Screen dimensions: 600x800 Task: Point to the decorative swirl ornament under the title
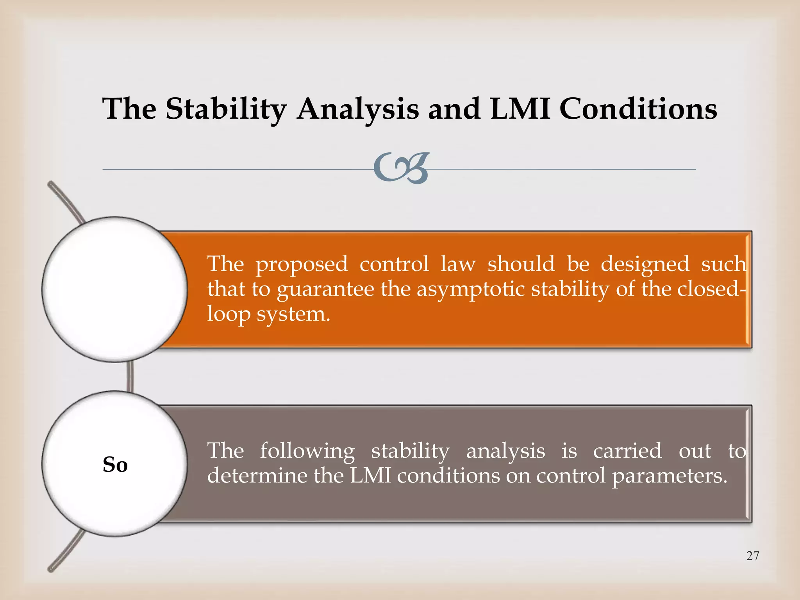coord(402,168)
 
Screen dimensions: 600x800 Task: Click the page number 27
coord(752,555)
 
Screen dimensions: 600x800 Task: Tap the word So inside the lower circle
coord(115,464)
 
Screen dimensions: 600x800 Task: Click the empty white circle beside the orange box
coord(115,289)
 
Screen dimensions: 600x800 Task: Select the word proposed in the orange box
coord(301,265)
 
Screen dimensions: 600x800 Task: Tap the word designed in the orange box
coord(645,265)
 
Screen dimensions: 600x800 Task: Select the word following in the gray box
coord(307,452)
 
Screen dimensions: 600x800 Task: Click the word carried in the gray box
coord(627,451)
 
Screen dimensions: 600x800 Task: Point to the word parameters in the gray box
coord(669,476)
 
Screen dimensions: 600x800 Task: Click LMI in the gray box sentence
coord(370,475)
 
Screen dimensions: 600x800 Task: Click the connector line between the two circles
coord(130,376)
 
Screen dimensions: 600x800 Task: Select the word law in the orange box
coord(458,264)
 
